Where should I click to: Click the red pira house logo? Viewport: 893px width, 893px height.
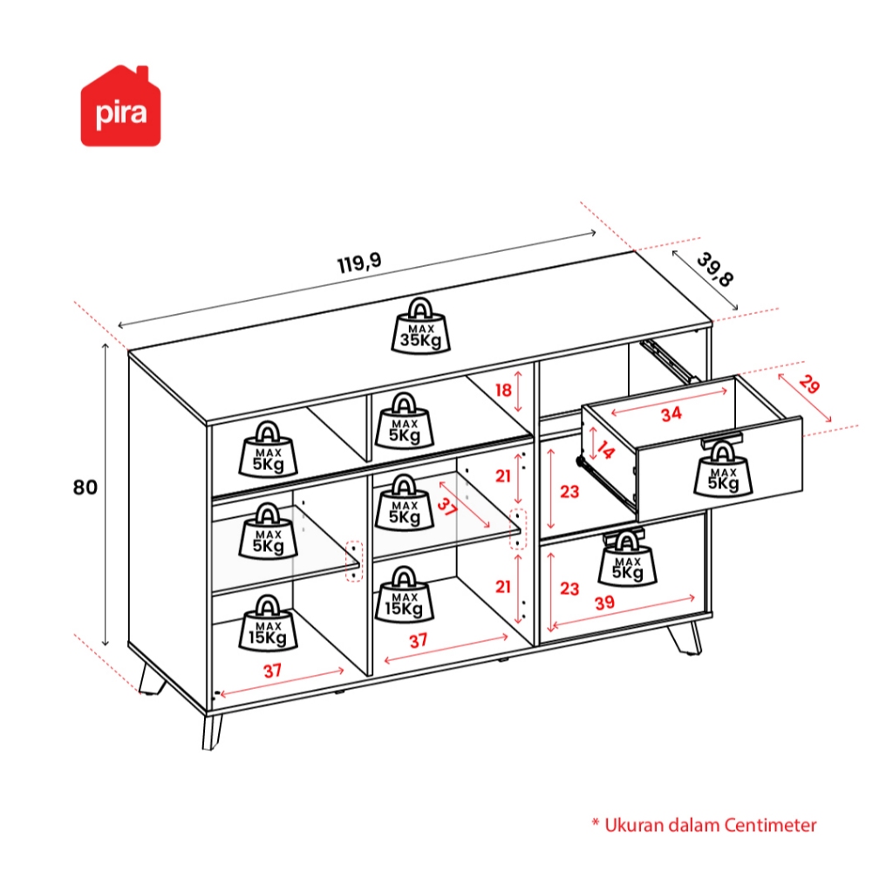click(121, 106)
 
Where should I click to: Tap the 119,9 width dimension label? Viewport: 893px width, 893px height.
click(359, 263)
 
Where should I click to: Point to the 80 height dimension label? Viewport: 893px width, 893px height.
click(85, 487)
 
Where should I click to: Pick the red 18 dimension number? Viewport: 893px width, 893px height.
click(503, 390)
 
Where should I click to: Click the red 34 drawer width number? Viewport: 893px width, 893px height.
click(670, 414)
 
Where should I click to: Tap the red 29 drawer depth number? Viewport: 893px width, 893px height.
click(808, 385)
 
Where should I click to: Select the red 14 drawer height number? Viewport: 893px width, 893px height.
click(604, 451)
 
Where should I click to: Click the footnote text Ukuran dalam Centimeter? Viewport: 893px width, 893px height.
click(704, 824)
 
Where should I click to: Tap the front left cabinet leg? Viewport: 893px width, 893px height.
click(212, 731)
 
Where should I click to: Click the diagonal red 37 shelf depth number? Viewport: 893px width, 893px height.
click(446, 508)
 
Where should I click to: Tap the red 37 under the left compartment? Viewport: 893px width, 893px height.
click(273, 671)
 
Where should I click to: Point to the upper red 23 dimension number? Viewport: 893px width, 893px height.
click(569, 492)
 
